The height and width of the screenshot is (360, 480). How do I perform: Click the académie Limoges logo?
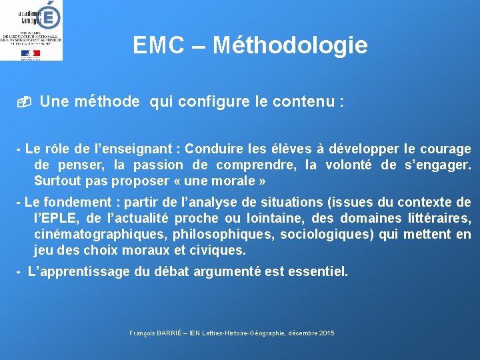click(31, 30)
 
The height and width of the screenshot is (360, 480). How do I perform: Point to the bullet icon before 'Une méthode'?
click(24, 103)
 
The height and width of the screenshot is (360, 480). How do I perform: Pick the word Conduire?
click(215, 149)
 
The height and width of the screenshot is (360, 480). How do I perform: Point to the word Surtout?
click(56, 181)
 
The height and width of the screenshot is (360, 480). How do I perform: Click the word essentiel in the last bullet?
click(315, 271)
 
